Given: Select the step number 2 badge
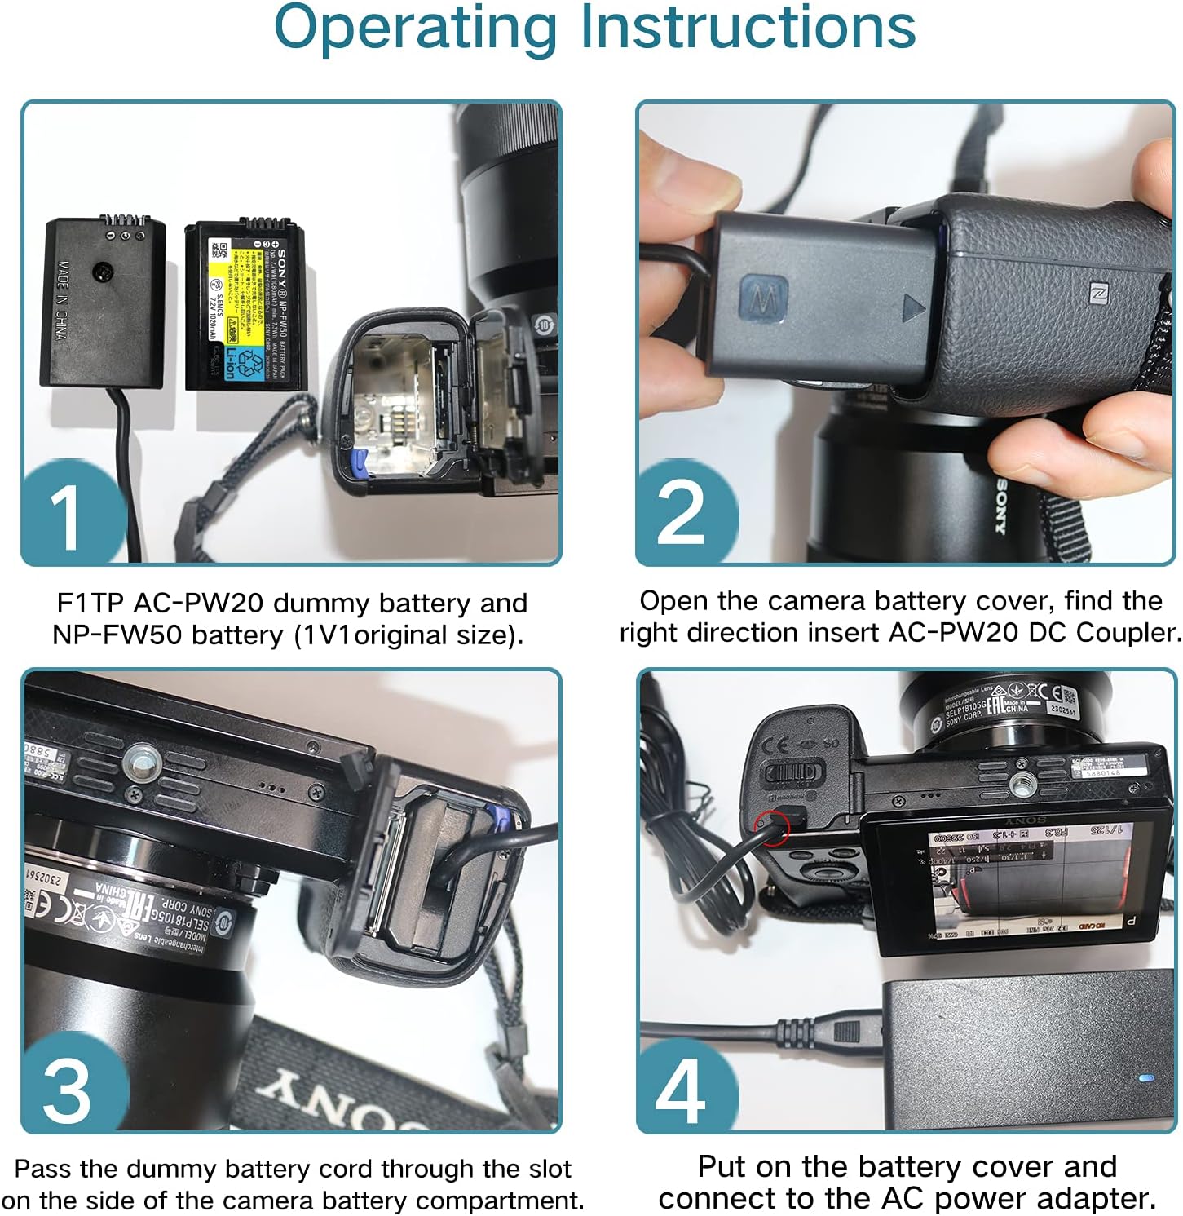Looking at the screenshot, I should tap(680, 514).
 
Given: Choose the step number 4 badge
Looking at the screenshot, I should tap(680, 1090).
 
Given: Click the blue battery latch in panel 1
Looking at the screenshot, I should tap(355, 462).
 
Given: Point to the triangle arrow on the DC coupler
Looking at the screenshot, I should tap(914, 309).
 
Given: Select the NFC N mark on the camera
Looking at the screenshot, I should tap(1099, 294).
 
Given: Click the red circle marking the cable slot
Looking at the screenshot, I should tap(772, 827).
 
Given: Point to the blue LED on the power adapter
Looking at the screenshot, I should tap(1145, 1079).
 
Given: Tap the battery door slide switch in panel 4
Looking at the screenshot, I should tap(795, 772).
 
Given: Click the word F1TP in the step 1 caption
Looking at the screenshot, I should tap(89, 604).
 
